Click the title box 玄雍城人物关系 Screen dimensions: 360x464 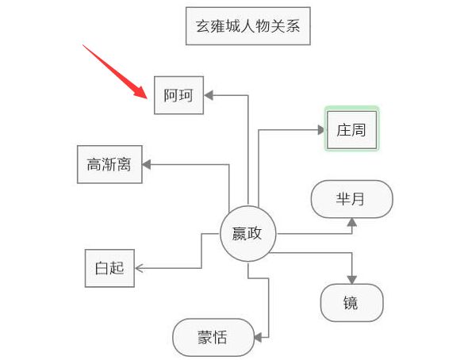pos(247,27)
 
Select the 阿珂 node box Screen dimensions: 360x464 pos(178,95)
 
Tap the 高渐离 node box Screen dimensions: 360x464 pos(109,165)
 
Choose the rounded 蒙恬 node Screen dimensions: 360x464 pos(213,337)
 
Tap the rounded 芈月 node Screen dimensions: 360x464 pos(352,199)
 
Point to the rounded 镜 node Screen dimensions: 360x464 pos(351,302)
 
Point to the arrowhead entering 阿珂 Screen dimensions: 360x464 pos(209,95)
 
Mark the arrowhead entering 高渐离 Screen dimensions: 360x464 pos(147,164)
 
